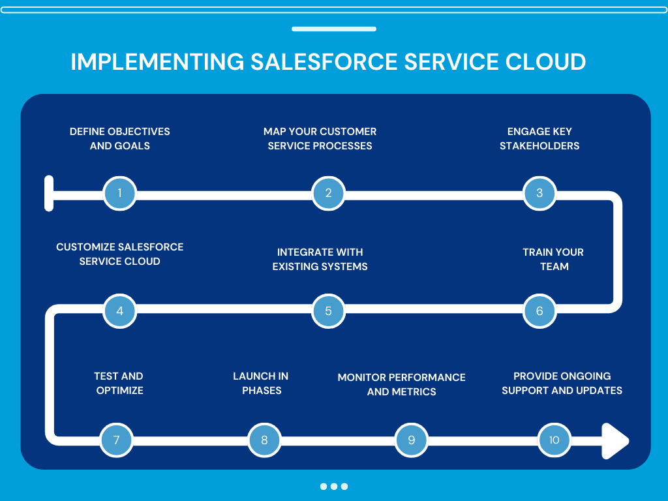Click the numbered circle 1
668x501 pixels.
tap(119, 193)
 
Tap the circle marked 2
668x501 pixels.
tap(328, 193)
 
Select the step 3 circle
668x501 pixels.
tap(539, 193)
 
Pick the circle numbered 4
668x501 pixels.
tap(120, 311)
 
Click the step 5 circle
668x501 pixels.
tap(328, 311)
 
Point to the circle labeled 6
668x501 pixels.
tap(539, 311)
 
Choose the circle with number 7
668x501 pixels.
tap(116, 440)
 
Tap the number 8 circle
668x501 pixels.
tap(264, 440)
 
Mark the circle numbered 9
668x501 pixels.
tap(412, 440)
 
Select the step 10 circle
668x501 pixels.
tap(554, 440)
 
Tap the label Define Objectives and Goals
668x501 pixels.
tap(119, 138)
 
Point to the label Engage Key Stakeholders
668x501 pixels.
tap(539, 138)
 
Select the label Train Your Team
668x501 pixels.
tap(553, 259)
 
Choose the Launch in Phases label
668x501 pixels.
tap(261, 383)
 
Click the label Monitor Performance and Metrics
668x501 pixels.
tap(401, 384)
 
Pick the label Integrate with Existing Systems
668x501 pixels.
tap(320, 259)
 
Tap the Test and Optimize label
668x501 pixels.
tap(119, 383)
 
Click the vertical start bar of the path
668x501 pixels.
tap(49, 193)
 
